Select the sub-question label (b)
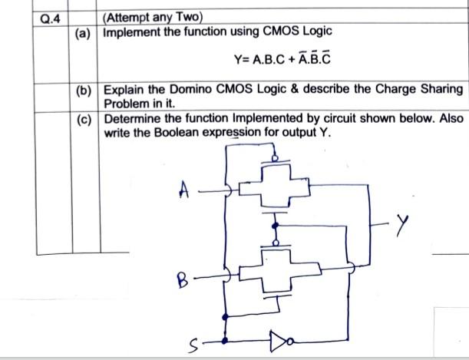point(83,90)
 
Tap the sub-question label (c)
point(83,119)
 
